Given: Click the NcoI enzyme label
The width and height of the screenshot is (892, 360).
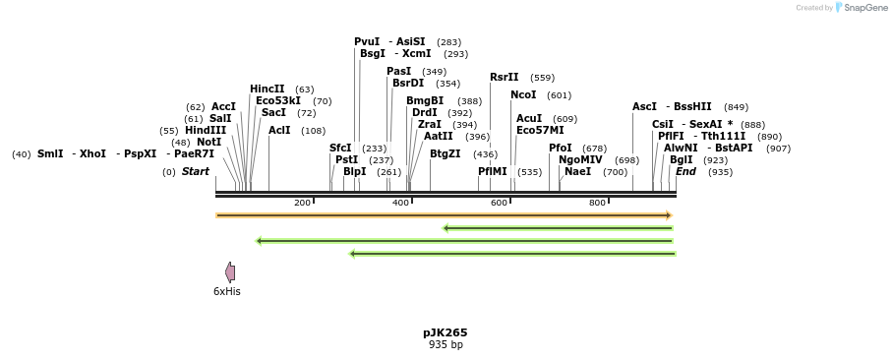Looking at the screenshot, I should [523, 95].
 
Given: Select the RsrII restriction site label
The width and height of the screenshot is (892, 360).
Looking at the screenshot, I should [505, 78].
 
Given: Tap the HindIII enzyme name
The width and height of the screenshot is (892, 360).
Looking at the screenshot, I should [206, 130].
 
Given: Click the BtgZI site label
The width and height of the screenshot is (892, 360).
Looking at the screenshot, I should [446, 153].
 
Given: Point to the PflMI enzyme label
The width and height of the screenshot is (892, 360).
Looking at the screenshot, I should [493, 171].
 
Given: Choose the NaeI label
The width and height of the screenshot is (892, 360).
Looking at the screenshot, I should [578, 171].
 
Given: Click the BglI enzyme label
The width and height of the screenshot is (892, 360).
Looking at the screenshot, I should [682, 159].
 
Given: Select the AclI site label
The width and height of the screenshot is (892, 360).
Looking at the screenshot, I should [279, 130].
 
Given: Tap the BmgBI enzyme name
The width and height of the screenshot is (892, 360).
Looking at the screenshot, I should [425, 100].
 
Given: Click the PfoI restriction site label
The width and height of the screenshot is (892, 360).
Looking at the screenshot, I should [561, 148].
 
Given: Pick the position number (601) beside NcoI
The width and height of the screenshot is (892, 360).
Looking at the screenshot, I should [559, 95].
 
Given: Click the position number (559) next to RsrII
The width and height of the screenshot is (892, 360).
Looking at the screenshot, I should [542, 78].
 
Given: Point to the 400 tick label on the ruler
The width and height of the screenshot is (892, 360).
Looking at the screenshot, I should [400, 203].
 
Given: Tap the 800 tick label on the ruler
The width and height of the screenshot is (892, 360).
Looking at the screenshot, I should [597, 203].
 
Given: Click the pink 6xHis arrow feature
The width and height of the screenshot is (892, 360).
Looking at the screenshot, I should [230, 272].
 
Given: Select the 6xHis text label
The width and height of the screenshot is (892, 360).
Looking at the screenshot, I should [227, 291].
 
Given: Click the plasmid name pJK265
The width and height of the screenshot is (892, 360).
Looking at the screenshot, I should [446, 332].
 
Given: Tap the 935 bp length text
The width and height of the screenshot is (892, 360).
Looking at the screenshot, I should [446, 345].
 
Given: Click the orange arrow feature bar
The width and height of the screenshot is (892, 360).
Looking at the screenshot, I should [444, 215].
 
